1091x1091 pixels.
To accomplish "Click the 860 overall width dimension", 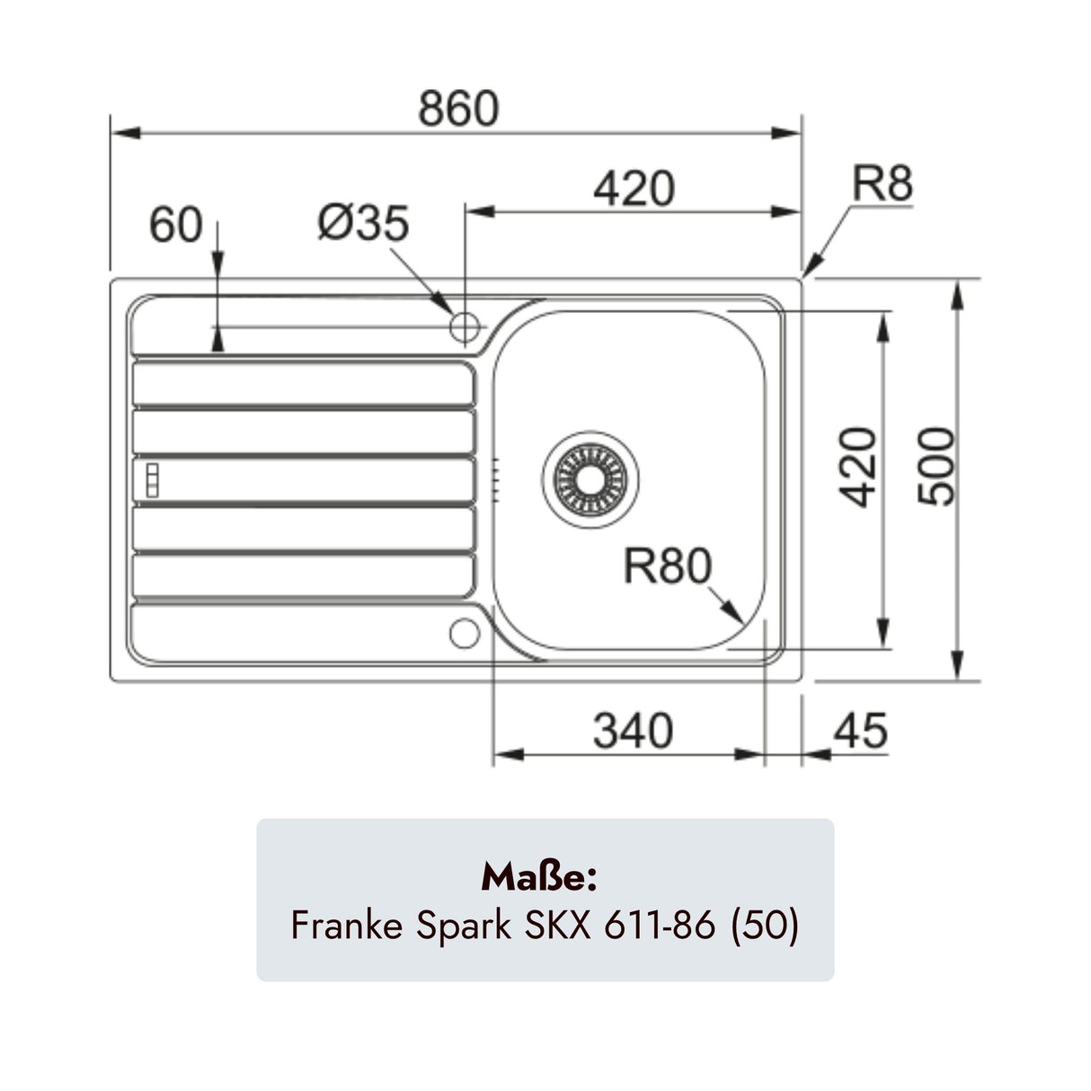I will [x=457, y=109].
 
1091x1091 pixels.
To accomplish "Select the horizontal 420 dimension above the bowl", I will [x=634, y=189].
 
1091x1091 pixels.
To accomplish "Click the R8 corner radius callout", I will [x=882, y=183].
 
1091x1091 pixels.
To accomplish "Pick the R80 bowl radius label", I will [x=668, y=566].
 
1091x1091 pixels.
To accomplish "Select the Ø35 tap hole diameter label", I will [x=363, y=223].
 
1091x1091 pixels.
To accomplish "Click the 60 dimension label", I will [x=176, y=225].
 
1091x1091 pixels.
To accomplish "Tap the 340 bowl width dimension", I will [x=633, y=731].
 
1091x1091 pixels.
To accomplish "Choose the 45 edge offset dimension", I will [x=860, y=731].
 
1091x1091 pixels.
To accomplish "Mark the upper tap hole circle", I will [x=465, y=326].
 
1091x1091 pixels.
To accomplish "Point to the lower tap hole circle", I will [x=465, y=634].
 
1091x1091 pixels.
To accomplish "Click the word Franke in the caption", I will [x=347, y=925].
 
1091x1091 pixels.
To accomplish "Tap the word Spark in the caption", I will [x=464, y=925].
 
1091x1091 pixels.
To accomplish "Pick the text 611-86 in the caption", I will [x=659, y=925].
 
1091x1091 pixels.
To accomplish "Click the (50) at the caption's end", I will [x=765, y=925].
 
